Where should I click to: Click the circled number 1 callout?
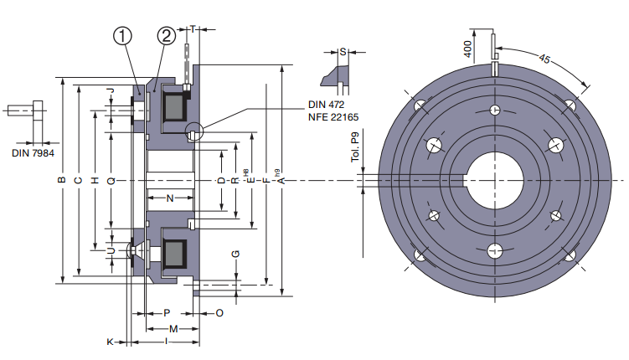point(123,36)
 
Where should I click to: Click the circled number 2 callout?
point(166,36)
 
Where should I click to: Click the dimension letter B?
point(61,181)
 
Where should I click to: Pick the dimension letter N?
point(170,198)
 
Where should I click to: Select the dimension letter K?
point(110,342)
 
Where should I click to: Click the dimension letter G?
point(235,254)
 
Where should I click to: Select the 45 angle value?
point(544,59)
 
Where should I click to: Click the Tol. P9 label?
point(355,148)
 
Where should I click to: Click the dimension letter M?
point(173,327)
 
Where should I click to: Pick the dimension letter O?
point(219,312)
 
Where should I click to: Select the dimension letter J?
point(109,90)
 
